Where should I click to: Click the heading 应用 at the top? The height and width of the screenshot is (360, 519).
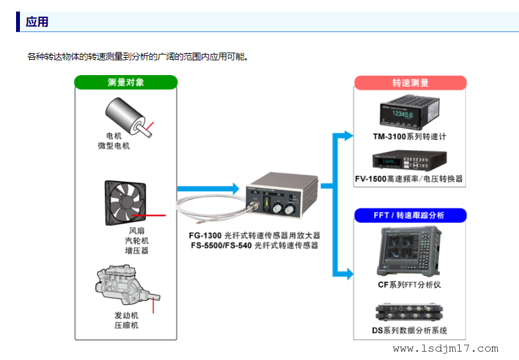(37, 22)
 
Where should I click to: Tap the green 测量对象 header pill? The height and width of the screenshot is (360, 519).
(125, 82)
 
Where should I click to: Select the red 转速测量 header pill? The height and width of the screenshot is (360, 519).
(410, 83)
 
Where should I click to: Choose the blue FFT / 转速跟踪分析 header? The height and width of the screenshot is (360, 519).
(410, 215)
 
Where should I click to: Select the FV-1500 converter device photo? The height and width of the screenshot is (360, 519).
(409, 160)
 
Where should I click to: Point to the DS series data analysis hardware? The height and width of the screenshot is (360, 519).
(409, 311)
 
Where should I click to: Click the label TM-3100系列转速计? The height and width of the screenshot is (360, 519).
(409, 137)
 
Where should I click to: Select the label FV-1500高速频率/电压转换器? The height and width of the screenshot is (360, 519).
(409, 178)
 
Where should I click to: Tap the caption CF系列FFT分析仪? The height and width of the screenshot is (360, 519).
(409, 284)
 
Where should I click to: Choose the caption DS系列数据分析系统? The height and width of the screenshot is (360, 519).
(409, 330)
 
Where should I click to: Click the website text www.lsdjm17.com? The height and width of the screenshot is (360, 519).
(445, 348)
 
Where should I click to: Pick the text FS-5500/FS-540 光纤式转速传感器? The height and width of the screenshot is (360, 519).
(254, 245)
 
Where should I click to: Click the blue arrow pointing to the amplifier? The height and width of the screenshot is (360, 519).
(207, 188)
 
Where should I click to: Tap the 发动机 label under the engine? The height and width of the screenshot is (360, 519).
(126, 315)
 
